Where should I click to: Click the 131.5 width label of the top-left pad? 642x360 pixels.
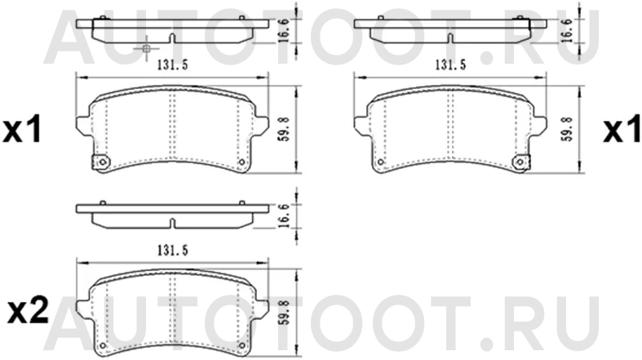173,65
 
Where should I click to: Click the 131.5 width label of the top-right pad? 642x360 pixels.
450,65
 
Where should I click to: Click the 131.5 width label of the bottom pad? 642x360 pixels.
173,251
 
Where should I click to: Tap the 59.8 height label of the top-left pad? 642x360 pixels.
285,129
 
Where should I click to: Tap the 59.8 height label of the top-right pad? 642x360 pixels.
568,129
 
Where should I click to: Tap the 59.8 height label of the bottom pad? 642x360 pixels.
285,313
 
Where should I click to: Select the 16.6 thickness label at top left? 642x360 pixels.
285,30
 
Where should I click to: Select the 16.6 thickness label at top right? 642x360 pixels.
568,30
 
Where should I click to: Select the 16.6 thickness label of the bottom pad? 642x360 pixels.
285,216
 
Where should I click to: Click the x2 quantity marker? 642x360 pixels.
29,313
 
